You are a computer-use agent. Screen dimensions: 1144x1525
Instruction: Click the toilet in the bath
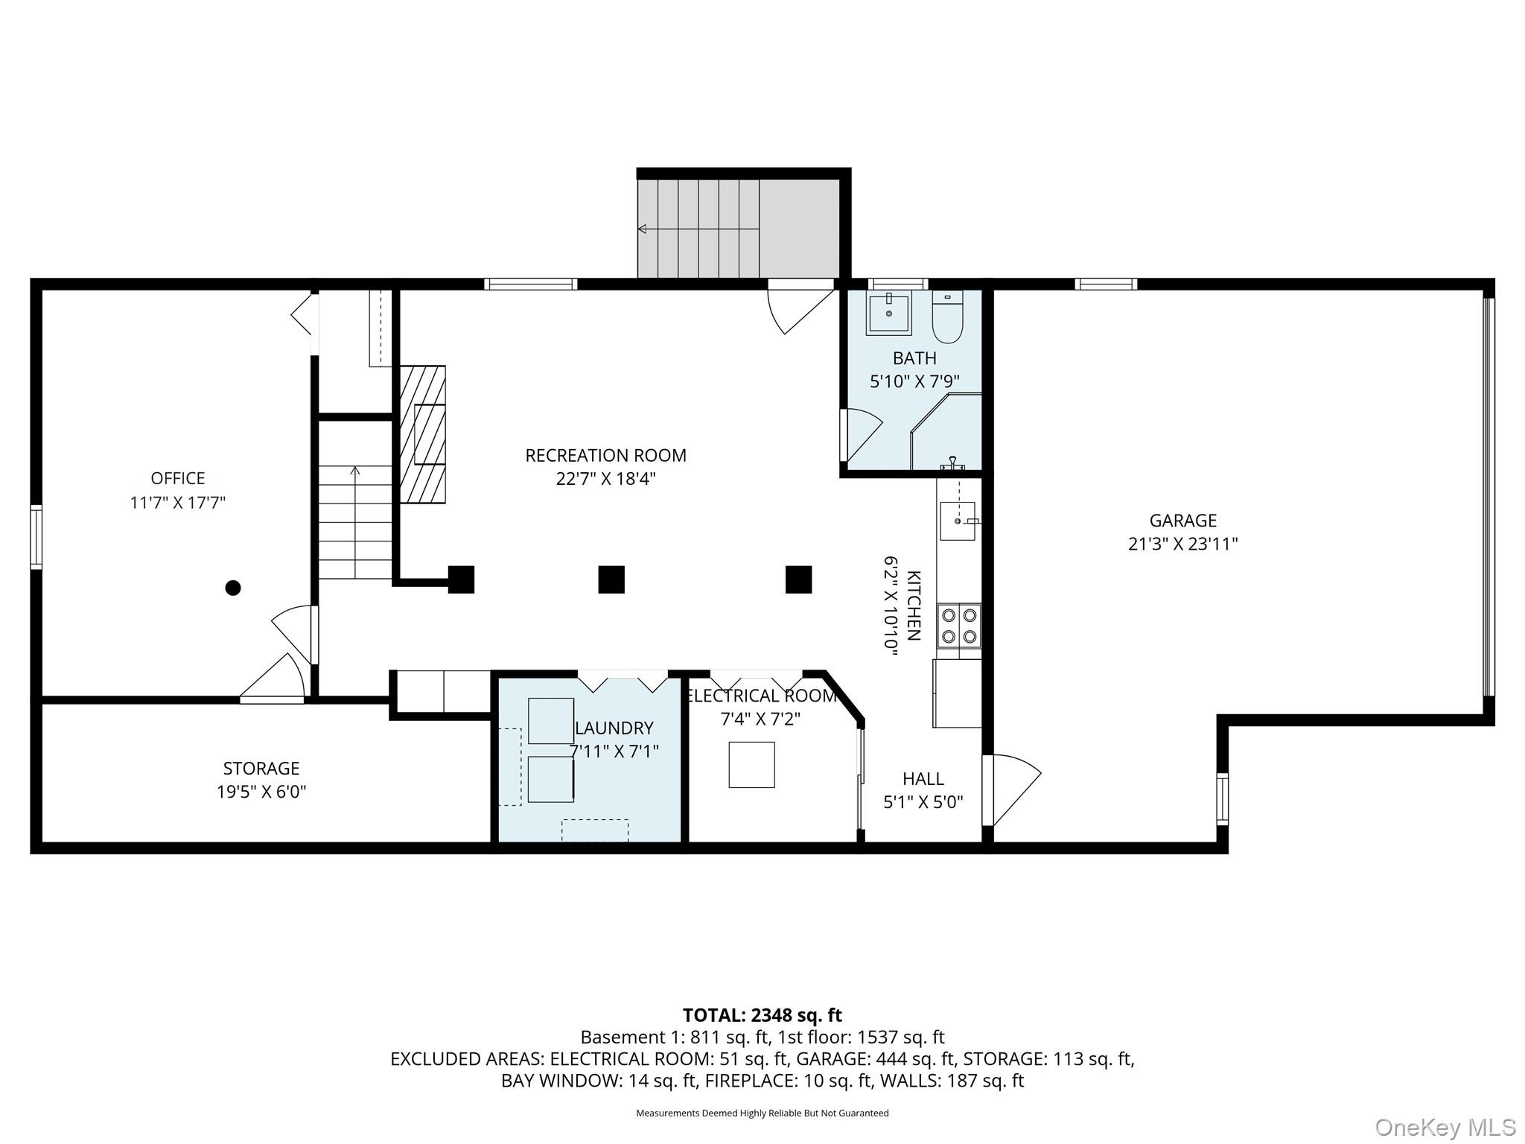click(947, 318)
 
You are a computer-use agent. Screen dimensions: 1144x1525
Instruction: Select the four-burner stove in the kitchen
click(959, 626)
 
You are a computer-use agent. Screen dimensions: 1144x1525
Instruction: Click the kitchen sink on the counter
click(957, 521)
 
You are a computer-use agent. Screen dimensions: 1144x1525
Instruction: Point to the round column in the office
click(233, 588)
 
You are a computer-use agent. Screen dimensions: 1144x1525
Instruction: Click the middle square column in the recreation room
click(611, 579)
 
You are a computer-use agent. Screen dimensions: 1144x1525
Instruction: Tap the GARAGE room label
click(1182, 521)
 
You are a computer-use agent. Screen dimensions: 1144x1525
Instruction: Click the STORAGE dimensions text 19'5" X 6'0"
click(261, 792)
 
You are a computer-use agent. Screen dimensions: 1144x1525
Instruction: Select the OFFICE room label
click(178, 478)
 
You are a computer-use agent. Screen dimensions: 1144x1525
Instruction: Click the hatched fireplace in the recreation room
click(422, 435)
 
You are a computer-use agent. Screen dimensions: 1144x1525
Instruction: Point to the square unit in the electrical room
click(751, 765)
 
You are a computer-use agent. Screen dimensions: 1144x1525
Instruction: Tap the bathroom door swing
click(862, 433)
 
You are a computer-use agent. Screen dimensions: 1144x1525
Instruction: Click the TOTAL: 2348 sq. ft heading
click(762, 1015)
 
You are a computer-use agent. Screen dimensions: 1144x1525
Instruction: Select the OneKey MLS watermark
click(1445, 1127)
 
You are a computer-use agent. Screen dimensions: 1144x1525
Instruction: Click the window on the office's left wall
click(36, 537)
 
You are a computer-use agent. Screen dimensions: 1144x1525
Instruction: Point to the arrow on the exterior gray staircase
click(643, 229)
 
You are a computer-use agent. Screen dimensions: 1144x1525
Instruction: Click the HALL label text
click(923, 779)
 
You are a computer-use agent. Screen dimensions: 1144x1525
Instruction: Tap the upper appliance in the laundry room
click(551, 720)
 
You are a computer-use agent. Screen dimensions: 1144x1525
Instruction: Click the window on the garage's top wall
click(1106, 284)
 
